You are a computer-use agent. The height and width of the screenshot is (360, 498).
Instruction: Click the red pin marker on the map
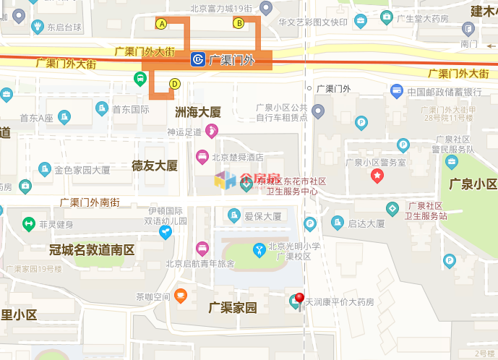(299, 298)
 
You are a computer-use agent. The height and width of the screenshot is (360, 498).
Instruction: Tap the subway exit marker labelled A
(162, 24)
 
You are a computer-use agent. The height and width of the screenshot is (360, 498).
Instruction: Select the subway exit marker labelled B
(238, 24)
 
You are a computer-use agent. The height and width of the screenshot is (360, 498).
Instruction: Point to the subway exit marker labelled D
(174, 84)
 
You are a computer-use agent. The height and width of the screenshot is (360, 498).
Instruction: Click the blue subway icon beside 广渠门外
(197, 59)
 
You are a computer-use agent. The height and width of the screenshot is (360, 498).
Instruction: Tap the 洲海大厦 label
(198, 112)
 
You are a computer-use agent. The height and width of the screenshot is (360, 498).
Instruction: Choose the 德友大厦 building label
(155, 166)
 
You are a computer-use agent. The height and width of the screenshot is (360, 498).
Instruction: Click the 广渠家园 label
(233, 308)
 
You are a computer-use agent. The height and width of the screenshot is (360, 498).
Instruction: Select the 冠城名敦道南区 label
(92, 250)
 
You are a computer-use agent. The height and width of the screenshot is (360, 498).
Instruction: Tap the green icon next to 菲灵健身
(29, 224)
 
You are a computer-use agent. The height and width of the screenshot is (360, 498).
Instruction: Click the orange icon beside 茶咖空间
(181, 295)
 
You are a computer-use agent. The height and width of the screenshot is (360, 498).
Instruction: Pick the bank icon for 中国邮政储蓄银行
(396, 92)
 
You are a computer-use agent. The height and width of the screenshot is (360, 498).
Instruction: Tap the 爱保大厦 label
(262, 215)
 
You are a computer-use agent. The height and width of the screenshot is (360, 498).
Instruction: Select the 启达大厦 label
(366, 224)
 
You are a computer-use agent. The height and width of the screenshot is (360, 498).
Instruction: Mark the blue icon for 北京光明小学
(259, 250)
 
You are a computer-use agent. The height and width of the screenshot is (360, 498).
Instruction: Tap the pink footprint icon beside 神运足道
(212, 132)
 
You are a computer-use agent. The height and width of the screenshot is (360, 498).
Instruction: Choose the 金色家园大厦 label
(82, 171)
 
